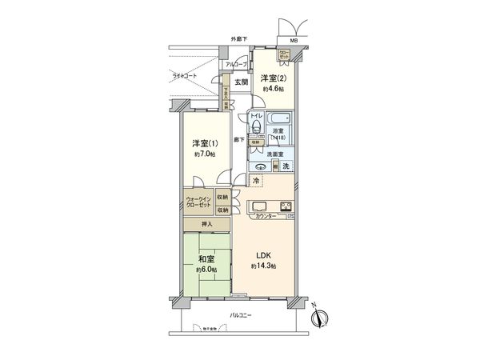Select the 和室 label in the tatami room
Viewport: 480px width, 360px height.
coord(203,258)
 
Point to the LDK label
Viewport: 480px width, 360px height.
coord(264,255)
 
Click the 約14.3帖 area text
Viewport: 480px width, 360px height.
coord(264,266)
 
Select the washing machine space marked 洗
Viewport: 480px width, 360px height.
coord(286,166)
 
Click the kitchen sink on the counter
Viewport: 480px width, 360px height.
coord(262,207)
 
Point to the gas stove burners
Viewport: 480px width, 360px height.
coord(285,207)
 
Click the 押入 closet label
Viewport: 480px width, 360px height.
coord(206,226)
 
